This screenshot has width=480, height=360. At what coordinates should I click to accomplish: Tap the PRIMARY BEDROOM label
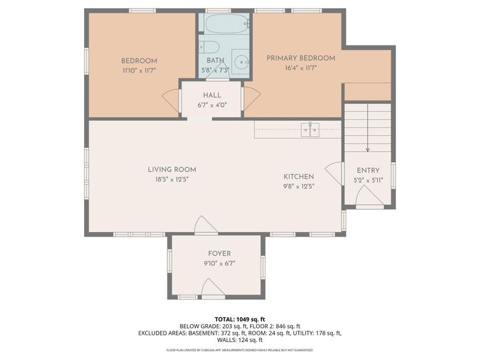click(x=301, y=58)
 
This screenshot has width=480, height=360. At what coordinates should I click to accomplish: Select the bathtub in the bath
click(x=226, y=25)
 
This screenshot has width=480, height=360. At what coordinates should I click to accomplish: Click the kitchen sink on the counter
click(x=310, y=129)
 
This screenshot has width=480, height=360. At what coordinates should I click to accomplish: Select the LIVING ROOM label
click(x=172, y=170)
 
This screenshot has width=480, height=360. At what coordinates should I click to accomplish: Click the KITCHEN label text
click(x=299, y=177)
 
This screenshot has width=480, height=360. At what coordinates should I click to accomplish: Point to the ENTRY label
click(x=368, y=171)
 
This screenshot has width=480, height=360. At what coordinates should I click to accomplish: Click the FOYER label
click(x=219, y=253)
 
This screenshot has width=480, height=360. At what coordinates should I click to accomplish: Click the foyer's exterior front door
click(x=213, y=289)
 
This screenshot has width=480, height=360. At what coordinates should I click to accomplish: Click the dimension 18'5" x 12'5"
click(x=172, y=179)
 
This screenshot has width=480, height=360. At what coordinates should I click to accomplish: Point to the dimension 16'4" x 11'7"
click(x=301, y=67)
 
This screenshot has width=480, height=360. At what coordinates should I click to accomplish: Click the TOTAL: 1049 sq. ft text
click(x=239, y=319)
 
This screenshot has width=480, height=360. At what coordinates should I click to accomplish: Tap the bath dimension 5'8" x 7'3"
click(x=215, y=70)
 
